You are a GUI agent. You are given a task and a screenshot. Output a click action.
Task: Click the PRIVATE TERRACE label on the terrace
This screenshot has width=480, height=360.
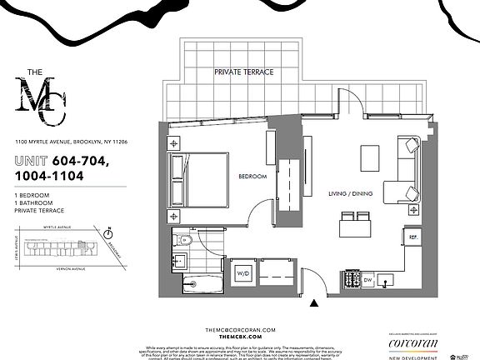tap(244, 72)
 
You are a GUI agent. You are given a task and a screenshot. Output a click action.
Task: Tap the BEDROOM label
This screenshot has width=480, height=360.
tap(252, 177)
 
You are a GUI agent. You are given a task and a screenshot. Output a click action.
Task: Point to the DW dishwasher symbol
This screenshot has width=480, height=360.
tap(367, 281)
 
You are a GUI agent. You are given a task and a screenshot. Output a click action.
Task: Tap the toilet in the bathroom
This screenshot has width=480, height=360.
tap(184, 241)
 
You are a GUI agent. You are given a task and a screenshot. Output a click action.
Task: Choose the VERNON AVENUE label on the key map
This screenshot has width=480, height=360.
tap(62, 269)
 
